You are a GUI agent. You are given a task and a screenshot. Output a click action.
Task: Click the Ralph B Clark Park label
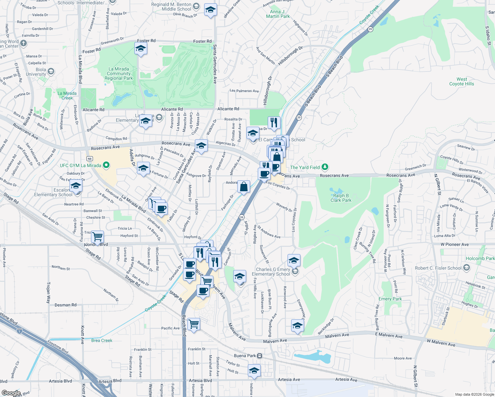[341, 198]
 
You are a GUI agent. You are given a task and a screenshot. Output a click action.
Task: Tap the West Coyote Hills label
[462, 81]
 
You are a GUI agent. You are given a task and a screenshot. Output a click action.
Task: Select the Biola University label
[36, 72]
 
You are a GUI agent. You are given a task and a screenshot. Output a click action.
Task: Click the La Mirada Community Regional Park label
[118, 74]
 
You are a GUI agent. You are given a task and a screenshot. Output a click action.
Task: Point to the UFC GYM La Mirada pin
[106, 165]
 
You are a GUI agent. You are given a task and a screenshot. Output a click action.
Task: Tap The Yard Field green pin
[325, 167]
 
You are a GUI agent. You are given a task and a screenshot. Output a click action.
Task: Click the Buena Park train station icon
[260, 356]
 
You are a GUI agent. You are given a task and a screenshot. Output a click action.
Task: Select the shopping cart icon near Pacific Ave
[194, 324]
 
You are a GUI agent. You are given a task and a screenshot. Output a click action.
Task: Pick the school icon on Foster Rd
[141, 49]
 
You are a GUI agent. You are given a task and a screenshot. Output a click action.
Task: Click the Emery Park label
[390, 299]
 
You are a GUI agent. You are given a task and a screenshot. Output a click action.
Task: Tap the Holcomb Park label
[480, 258]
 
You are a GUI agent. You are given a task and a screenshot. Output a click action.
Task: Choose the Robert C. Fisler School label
[438, 268]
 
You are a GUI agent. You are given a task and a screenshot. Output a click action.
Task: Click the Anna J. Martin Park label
[278, 14]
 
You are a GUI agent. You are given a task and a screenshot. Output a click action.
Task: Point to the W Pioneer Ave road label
[455, 244]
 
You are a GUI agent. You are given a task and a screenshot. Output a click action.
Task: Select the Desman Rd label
[66, 305]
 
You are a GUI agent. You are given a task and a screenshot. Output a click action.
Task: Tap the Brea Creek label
[102, 340]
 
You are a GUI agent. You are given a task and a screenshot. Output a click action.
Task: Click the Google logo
[11, 393]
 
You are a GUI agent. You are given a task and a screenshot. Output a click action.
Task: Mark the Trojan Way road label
[48, 292]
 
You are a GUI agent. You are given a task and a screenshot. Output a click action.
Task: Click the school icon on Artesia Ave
[254, 371]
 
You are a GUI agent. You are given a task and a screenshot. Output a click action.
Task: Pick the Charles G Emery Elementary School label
[271, 272]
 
